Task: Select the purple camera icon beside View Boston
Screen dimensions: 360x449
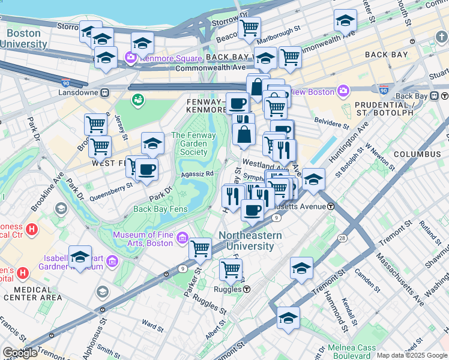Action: click(x=343, y=92)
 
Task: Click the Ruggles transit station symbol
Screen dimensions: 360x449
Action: click(x=247, y=289)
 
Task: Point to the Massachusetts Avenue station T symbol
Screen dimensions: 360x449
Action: click(x=331, y=206)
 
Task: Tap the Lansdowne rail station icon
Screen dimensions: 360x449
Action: click(x=104, y=93)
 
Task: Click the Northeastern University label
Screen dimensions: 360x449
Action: click(x=250, y=241)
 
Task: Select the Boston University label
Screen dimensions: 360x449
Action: click(x=24, y=39)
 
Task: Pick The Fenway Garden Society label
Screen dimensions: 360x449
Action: click(x=189, y=143)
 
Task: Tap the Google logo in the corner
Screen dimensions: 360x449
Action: click(x=19, y=353)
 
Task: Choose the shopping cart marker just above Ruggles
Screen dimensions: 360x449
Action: click(x=230, y=270)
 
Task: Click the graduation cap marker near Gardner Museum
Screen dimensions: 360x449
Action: click(x=80, y=257)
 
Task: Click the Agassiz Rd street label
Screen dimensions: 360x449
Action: click(x=197, y=174)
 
